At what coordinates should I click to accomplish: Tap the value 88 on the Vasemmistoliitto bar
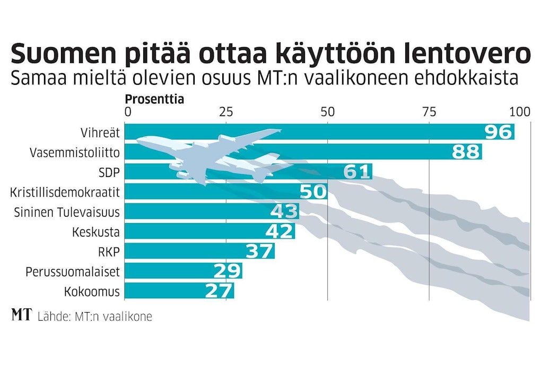pos(466,152)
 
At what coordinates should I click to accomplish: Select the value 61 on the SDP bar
pos(357,172)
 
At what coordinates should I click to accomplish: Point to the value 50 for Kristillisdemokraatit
pos(313,191)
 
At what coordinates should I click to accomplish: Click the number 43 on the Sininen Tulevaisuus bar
pos(284,211)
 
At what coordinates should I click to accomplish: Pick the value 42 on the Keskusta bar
pos(280,231)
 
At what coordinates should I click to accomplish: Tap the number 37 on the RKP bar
pos(259,251)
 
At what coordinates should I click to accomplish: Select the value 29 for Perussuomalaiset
pos(228,271)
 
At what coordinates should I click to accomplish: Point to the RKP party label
pos(108,252)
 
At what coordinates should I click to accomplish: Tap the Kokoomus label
pos(92,291)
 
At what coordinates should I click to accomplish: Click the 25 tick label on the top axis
pos(226,112)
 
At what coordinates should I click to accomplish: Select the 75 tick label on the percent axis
pos(429,112)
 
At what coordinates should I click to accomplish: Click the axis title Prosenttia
pos(154,99)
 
